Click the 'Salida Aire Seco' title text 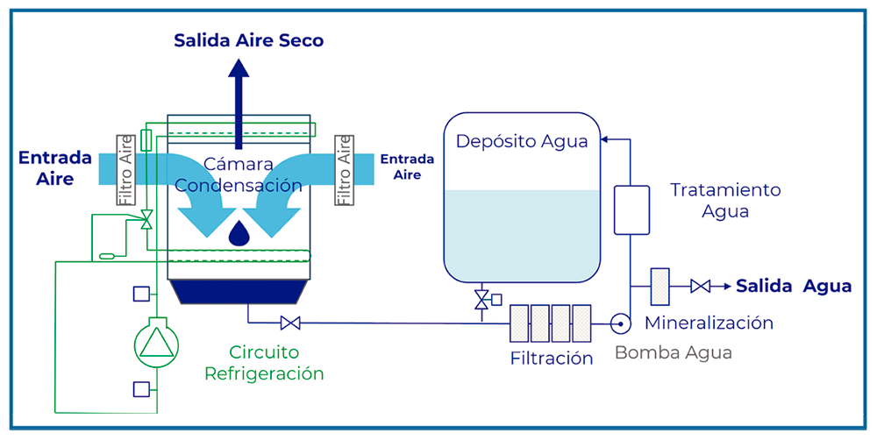249,40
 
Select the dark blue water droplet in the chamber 238,231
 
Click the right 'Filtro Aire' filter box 344,170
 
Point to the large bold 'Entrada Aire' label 54,168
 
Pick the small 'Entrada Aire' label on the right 407,167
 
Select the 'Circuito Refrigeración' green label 264,363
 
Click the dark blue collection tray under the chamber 238,292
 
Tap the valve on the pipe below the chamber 290,323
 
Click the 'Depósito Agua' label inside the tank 522,142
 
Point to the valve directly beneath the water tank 481,300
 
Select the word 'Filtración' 552,358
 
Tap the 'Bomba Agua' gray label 673,352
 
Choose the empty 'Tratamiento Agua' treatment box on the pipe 631,209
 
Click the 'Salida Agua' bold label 793,287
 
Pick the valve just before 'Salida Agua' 701,287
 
